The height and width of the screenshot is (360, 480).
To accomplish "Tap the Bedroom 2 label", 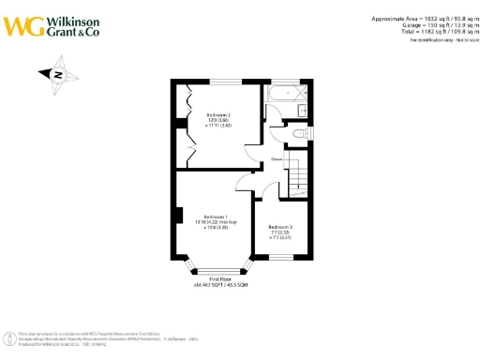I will click(x=218, y=116).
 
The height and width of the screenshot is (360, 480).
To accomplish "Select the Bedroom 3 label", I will click(x=280, y=228).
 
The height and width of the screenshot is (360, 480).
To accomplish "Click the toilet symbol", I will click(x=298, y=134).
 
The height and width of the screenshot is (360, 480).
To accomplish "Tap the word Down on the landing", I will click(x=277, y=159).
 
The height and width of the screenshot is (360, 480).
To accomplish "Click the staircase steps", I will click(x=297, y=173).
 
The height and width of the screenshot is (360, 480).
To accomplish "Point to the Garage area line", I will click(x=419, y=24).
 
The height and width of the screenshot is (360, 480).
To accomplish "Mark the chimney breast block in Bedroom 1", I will click(x=177, y=215).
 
